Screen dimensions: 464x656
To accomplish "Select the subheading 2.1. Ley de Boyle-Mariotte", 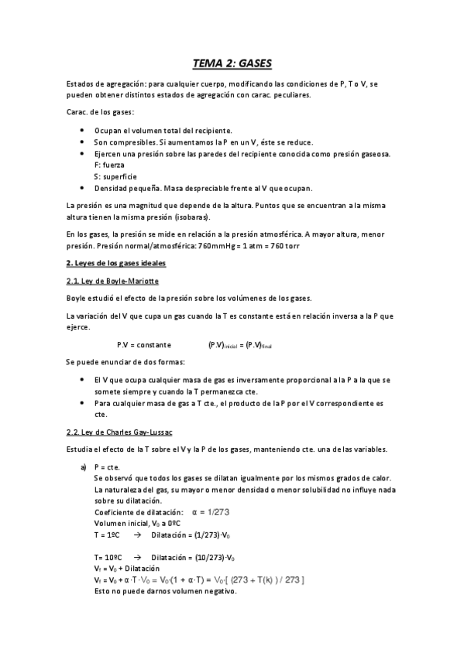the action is [x=112, y=281].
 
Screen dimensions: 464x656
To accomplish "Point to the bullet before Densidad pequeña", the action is [x=83, y=188].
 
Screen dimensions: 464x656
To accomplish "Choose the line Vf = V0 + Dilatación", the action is [x=133, y=569].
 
